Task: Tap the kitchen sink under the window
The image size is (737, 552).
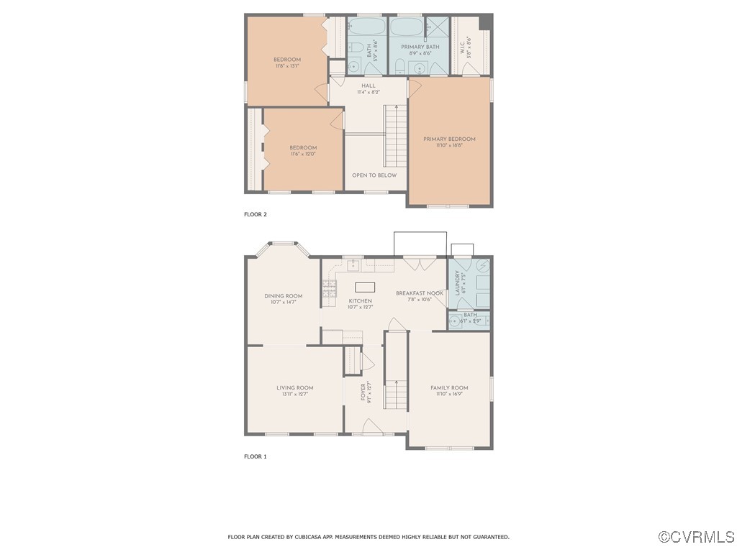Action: pos(353,265)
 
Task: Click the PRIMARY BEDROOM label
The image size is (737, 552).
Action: pos(449,139)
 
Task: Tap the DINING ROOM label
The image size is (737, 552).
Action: pos(283,295)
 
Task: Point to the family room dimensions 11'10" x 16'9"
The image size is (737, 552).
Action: pos(449,394)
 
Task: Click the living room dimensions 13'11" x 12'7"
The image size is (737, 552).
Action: pos(294,394)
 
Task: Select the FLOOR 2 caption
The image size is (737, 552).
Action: pos(256,214)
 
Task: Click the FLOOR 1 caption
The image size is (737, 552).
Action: pos(256,456)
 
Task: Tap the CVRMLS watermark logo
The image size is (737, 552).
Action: pos(696,537)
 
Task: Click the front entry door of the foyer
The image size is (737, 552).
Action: pos(371,429)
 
